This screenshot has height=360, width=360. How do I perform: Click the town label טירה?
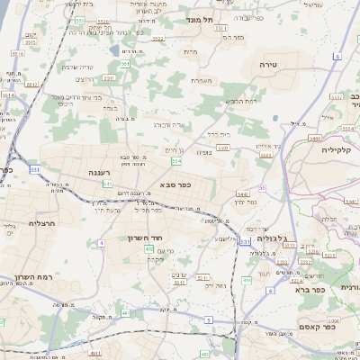click(266, 65)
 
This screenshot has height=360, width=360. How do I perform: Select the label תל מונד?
click(199, 19)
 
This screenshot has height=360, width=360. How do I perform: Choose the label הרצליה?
click(42, 223)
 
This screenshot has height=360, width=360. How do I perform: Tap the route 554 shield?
click(176, 160)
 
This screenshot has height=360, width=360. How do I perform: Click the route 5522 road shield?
click(132, 39)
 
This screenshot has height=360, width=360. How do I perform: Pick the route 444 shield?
click(247, 281)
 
